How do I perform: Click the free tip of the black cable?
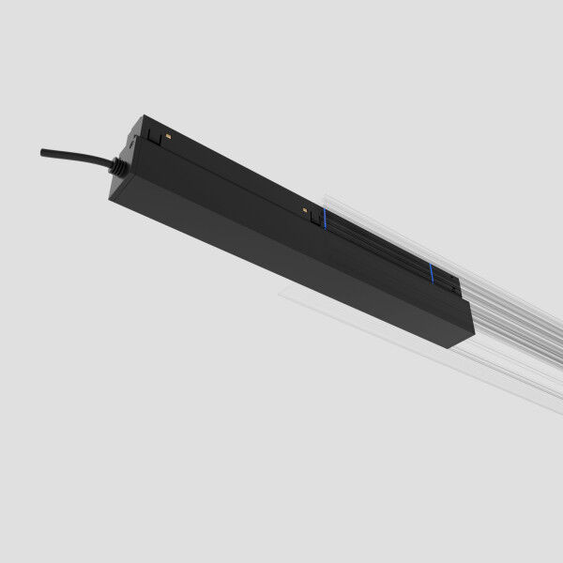pos(43,151)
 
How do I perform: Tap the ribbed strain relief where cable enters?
pos(116,167)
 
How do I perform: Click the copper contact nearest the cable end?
pos(167,137)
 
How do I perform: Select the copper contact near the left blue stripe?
pos(304,213)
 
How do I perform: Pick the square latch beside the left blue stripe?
pos(313,217)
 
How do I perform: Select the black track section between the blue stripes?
pos(375,246)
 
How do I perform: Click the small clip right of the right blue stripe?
pos(449,281)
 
